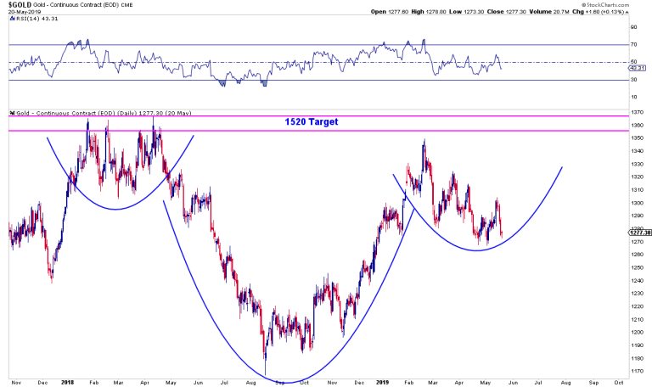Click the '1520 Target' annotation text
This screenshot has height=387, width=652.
[x=311, y=122]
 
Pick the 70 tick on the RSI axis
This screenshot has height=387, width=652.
[x=633, y=44]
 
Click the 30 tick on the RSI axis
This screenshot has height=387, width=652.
[x=633, y=80]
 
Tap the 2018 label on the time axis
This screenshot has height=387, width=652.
[x=68, y=383]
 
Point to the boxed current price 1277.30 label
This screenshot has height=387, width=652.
[x=639, y=233]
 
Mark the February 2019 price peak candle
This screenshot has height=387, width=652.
[x=423, y=142]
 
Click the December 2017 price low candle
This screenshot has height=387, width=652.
[x=51, y=279]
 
